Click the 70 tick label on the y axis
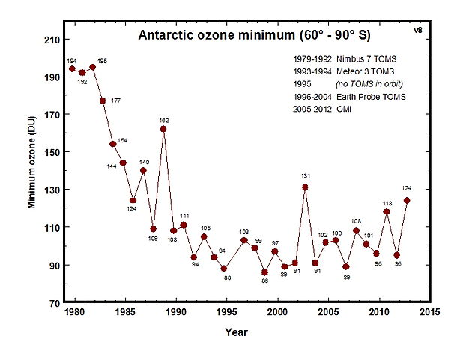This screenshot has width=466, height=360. tap(54, 302)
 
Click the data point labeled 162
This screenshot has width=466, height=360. tap(163, 129)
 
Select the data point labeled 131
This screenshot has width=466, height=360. tap(305, 187)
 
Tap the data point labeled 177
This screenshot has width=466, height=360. tap(103, 100)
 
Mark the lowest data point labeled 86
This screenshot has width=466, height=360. tap(264, 272)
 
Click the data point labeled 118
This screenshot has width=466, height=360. tap(387, 211)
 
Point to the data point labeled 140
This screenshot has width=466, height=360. tap(143, 170)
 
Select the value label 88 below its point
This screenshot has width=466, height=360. tap(227, 278)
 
